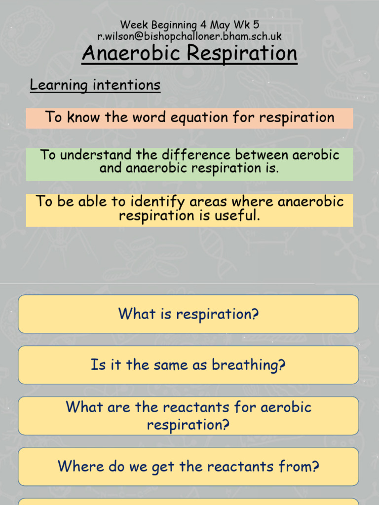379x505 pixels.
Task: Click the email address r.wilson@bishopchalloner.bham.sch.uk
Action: [x=189, y=36]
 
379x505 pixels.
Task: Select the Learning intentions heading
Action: [x=95, y=85]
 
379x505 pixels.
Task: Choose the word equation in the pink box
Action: [x=175, y=117]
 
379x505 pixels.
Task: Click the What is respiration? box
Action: [x=189, y=314]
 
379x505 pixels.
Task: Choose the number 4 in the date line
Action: [x=203, y=24]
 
